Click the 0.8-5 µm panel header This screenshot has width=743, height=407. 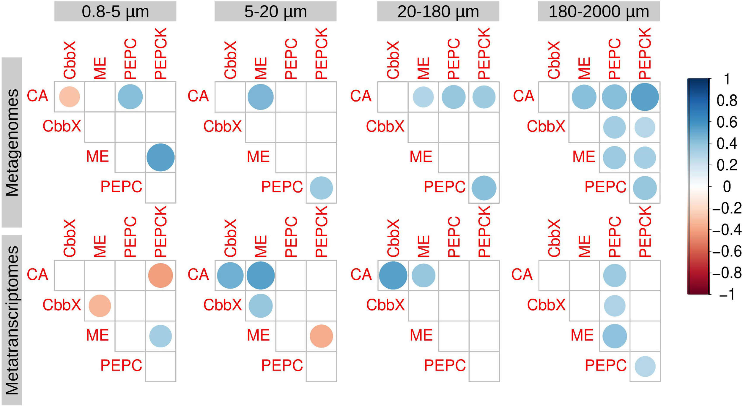[115, 12]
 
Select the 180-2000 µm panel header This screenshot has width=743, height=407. [599, 12]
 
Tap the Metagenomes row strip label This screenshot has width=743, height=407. [12, 142]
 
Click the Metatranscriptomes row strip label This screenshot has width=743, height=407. [12, 320]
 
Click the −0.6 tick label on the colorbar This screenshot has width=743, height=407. [727, 251]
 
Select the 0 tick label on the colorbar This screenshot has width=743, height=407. [727, 187]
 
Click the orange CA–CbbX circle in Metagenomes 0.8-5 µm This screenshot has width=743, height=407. [70, 97]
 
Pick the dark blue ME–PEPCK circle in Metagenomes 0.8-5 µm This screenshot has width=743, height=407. [160, 157]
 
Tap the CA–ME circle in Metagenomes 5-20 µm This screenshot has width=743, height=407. [260, 97]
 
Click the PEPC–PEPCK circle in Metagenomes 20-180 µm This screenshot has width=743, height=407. [484, 188]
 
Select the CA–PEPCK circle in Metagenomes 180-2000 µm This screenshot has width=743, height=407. [645, 97]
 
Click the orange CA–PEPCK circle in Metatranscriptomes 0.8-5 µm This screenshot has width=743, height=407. [160, 275]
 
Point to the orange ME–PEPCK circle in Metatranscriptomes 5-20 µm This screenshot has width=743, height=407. [321, 336]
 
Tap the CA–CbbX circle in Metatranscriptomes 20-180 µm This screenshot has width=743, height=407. [393, 275]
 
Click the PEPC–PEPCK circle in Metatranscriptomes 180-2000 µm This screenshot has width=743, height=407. [645, 366]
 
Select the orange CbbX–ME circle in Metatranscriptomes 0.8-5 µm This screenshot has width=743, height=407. [100, 306]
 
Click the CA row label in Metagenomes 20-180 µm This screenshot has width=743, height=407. [361, 96]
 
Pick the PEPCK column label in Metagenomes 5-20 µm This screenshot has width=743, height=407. [321, 53]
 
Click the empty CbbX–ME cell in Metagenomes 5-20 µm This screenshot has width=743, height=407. [260, 127]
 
